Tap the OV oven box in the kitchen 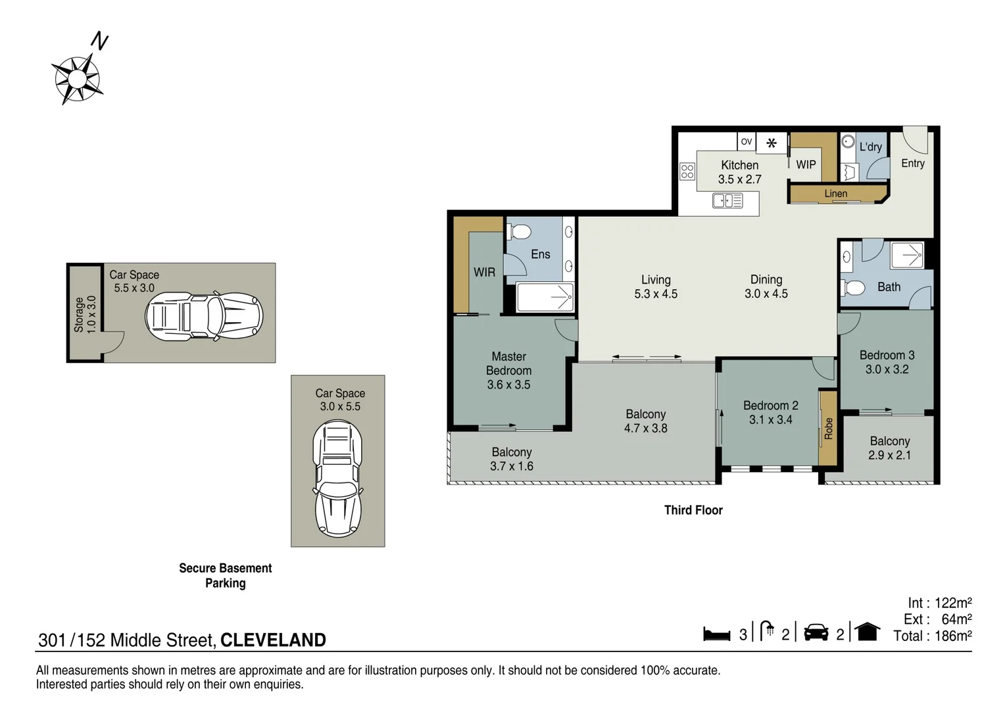pos(746,142)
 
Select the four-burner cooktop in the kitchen pos(687,172)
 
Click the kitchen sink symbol pos(727,201)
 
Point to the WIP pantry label pos(806,164)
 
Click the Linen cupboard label pos(836,193)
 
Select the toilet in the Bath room pos(852,287)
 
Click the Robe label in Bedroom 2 pos(828,429)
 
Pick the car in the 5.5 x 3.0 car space pos(204,316)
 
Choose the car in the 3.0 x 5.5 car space pos(338,479)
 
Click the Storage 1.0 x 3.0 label pos(86,314)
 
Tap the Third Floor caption pos(693,510)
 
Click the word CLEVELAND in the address pos(273,640)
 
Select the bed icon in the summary pos(716,634)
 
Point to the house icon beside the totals pos(868,632)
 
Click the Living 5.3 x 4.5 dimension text pos(656,294)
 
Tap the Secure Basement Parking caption pos(225,575)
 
